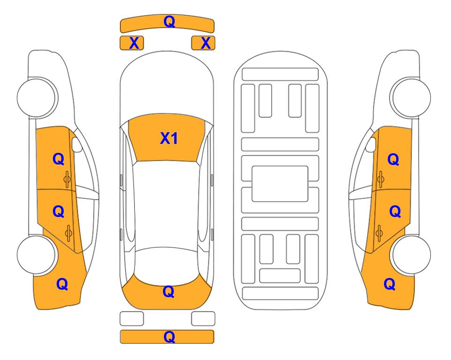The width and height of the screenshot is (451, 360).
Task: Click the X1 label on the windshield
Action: coord(169,138)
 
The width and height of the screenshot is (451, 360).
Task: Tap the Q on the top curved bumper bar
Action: coord(169,21)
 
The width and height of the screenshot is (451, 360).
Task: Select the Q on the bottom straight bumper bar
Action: coord(169,337)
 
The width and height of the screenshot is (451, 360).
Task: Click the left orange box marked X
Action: coord(132,43)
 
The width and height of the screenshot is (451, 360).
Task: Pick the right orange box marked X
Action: coord(203,43)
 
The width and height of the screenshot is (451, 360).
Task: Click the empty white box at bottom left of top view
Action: coord(132,319)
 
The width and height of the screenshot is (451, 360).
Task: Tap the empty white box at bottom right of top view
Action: coord(203,319)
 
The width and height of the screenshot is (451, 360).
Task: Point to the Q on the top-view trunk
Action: coord(168,292)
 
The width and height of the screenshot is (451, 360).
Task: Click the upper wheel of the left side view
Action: coord(37,97)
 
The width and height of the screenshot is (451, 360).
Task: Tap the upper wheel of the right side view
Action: coord(411,97)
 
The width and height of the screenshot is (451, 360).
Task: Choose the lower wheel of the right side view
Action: coord(411,255)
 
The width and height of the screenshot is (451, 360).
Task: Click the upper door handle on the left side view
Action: coord(67,179)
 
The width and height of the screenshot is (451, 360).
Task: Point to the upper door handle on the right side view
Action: coord(380,179)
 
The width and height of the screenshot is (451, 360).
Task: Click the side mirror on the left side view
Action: coord(77,144)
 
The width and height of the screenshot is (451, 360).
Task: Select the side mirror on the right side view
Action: coord(371,144)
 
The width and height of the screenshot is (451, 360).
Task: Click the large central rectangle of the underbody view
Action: coord(280,184)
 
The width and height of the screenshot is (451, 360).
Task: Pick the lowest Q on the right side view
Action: coord(390,284)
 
